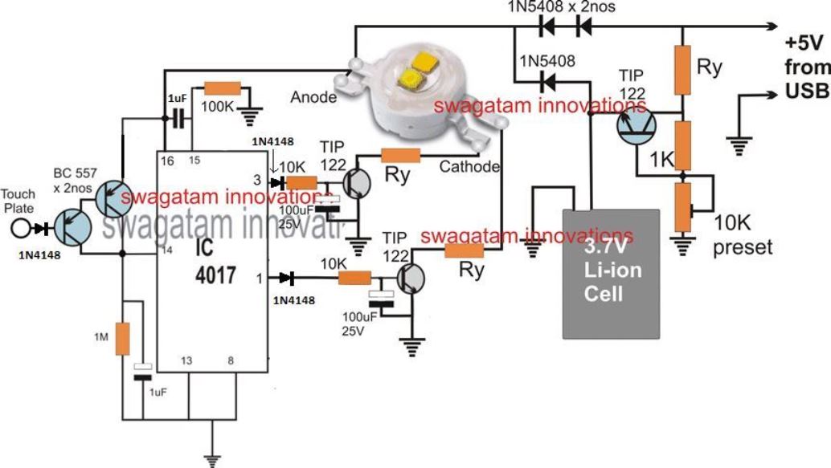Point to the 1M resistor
(122, 338)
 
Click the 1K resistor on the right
(682, 145)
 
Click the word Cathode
(470, 167)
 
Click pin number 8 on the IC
(231, 361)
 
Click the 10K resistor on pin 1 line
(354, 278)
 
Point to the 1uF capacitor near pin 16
(178, 119)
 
